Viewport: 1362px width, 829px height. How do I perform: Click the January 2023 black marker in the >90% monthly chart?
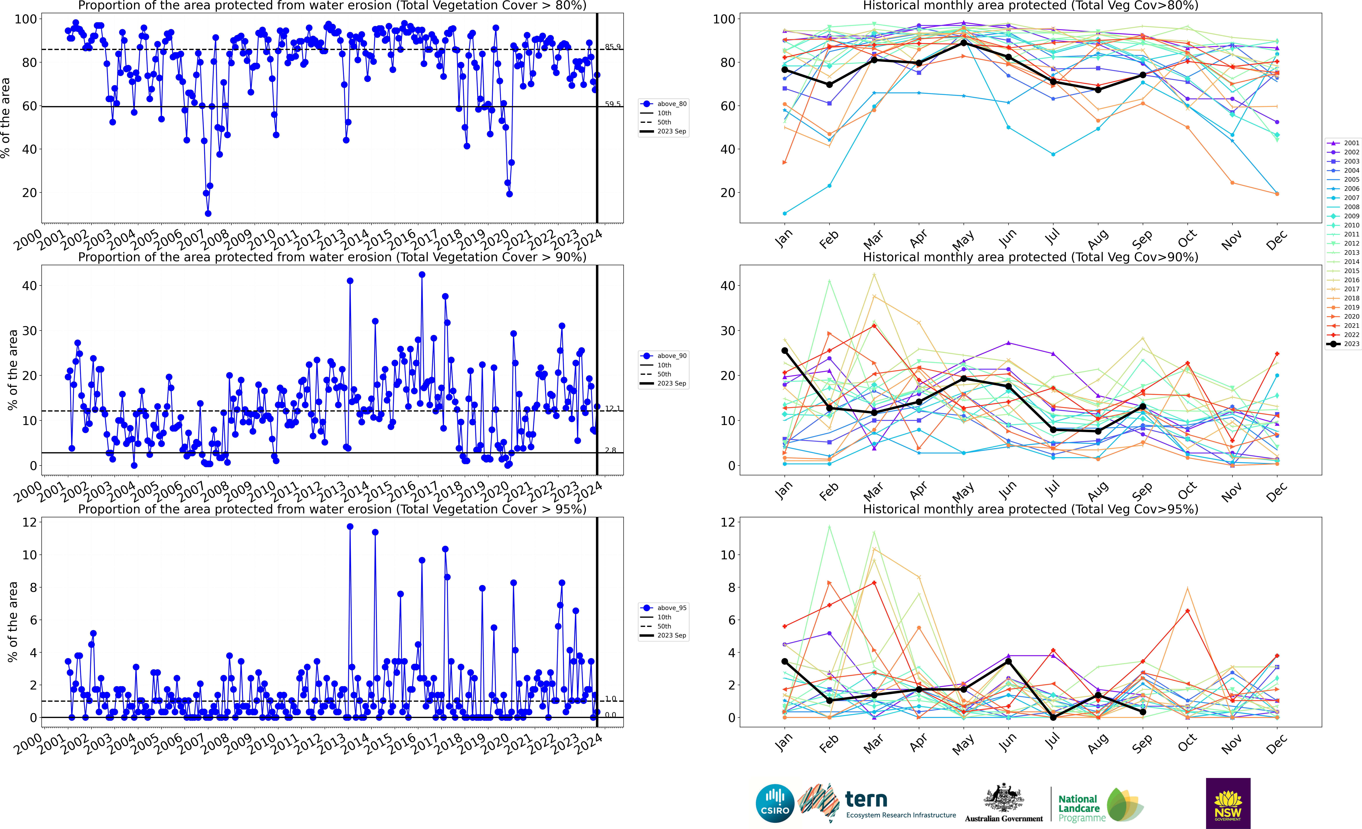(784, 350)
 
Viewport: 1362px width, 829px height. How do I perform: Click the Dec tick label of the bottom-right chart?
(1277, 744)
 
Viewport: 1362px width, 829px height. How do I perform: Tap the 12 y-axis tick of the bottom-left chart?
(29, 522)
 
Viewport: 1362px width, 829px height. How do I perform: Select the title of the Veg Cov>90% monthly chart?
(1030, 257)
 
